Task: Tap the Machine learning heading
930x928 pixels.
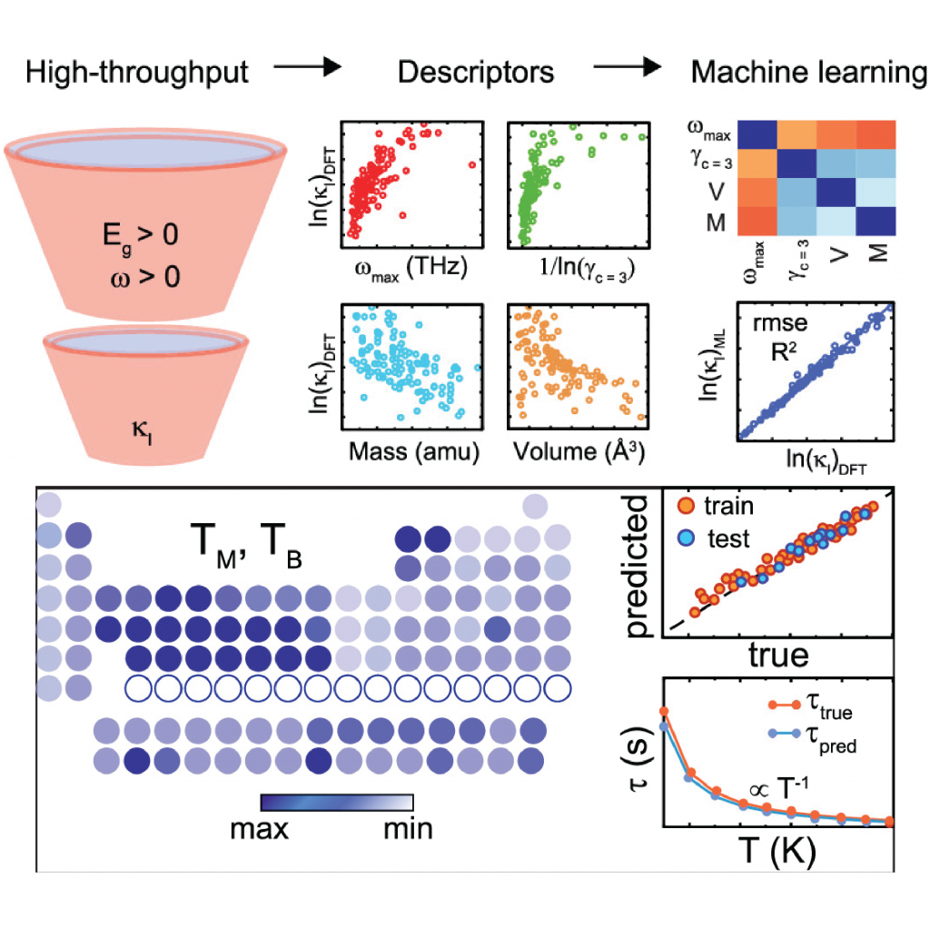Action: (809, 72)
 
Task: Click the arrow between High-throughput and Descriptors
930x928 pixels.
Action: (306, 66)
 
